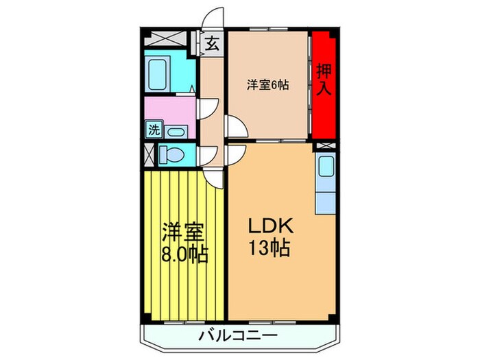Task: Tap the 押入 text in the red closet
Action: point(323,80)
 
